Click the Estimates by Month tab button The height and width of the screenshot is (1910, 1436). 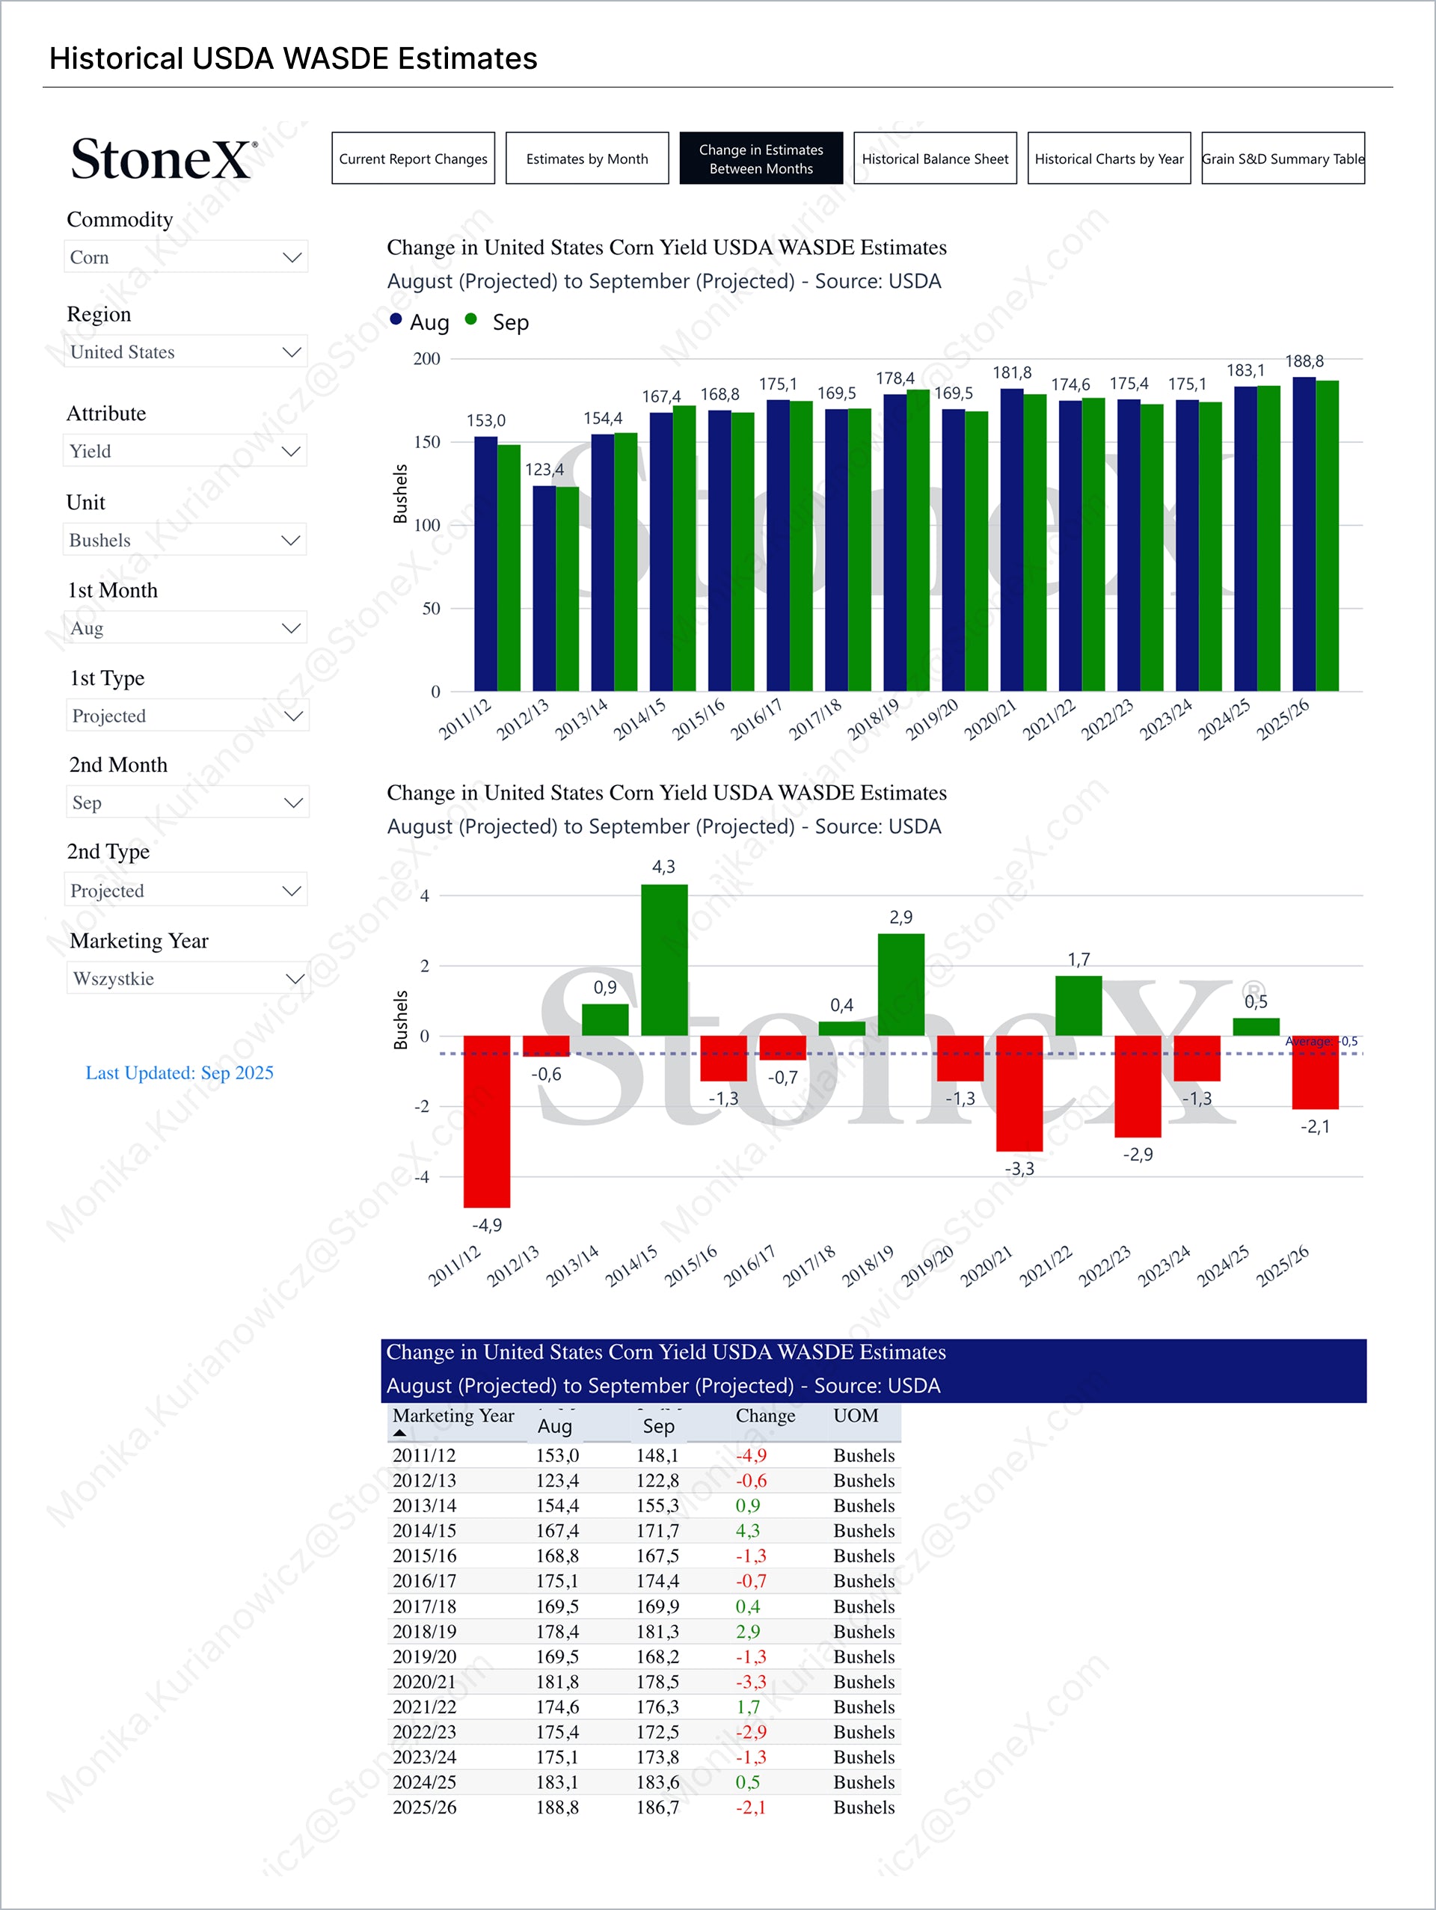[x=586, y=158]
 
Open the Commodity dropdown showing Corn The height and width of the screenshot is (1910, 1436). [x=185, y=257]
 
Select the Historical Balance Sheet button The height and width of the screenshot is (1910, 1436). [x=934, y=158]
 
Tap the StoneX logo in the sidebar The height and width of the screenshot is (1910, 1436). [x=163, y=160]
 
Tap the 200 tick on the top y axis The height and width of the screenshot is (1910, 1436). [x=426, y=358]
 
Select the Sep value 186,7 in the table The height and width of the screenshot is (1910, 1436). [x=657, y=1808]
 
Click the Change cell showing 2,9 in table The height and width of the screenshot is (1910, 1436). [x=748, y=1631]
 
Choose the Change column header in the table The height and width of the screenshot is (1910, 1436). [x=765, y=1416]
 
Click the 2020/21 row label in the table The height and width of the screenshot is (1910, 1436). [x=424, y=1681]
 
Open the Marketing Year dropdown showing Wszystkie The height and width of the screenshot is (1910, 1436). [x=188, y=978]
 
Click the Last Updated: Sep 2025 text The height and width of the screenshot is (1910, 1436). [x=179, y=1072]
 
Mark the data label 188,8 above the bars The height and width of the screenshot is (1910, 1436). [x=1304, y=361]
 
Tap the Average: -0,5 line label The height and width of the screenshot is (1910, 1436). [x=1321, y=1041]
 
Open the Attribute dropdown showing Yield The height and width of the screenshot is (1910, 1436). [x=185, y=451]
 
